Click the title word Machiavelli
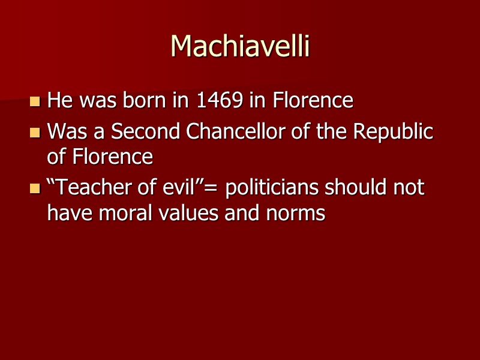pos(240,46)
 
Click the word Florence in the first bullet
pos(313,100)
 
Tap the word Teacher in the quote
pos(89,188)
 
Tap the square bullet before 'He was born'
pos(35,101)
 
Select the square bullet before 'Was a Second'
pos(35,132)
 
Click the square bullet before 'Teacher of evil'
pos(35,188)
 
